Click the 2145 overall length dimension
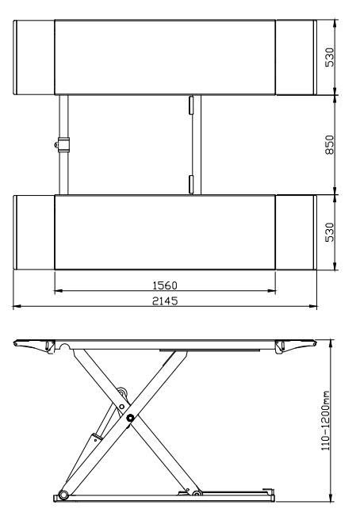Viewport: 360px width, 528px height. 164,300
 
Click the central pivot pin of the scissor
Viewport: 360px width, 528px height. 129,417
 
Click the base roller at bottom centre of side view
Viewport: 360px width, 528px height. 195,496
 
